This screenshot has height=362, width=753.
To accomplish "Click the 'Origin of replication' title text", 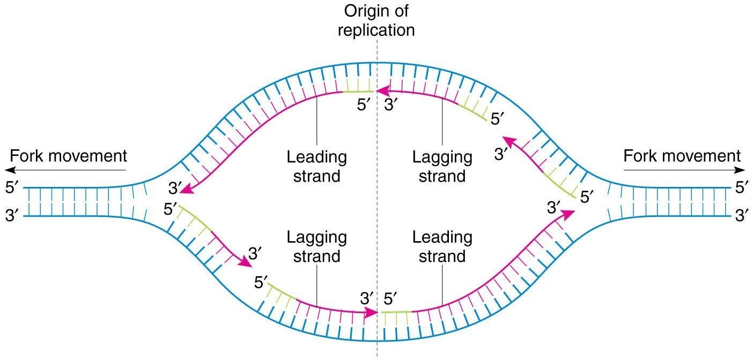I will click(x=376, y=20).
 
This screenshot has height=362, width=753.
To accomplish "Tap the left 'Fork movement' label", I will click(x=68, y=156).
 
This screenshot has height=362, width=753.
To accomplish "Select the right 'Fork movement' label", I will click(x=682, y=156).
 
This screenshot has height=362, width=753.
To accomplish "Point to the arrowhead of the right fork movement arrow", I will click(x=741, y=170).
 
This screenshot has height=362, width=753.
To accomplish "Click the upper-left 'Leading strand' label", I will click(x=316, y=166).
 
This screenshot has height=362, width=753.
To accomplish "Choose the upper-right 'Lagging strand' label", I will click(x=442, y=166).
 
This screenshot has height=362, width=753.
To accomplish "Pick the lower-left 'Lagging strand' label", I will click(x=316, y=246).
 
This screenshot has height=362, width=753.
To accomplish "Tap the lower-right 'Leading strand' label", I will click(x=442, y=246).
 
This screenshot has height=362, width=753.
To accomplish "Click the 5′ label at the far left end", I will click(x=11, y=188).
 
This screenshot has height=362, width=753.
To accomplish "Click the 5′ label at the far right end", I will click(x=742, y=188).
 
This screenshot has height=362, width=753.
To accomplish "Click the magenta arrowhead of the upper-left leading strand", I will click(x=188, y=190).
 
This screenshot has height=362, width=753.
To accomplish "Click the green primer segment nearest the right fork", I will click(x=562, y=185).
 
